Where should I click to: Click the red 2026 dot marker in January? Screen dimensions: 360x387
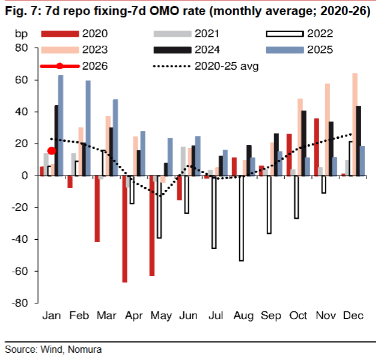tap(52, 151)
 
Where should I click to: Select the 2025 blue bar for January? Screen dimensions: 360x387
tap(61, 125)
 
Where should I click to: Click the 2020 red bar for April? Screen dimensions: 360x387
tap(124, 229)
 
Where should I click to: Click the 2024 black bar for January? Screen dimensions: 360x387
tap(56, 141)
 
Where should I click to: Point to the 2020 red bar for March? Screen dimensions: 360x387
tap(97, 209)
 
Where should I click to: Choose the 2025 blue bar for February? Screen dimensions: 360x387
tap(88, 128)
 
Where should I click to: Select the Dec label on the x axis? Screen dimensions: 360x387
tap(354, 317)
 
